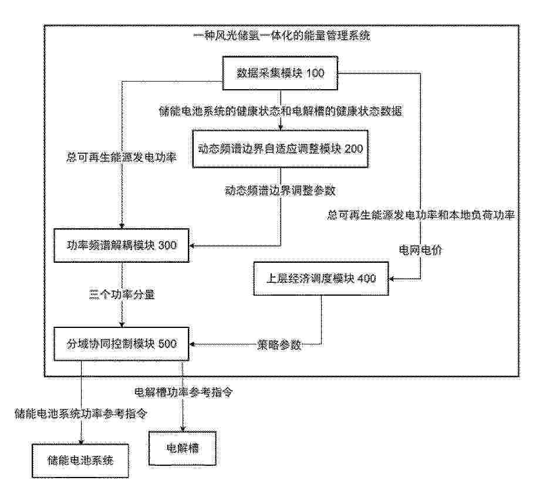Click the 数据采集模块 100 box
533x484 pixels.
280,73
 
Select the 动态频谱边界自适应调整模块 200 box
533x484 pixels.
281,149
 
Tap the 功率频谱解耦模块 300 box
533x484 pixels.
122,245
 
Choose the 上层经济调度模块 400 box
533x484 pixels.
321,279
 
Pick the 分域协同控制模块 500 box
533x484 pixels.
122,344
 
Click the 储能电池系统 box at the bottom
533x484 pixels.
80,461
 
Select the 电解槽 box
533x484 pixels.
183,449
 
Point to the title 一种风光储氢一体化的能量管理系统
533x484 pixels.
281,36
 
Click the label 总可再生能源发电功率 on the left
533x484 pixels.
122,158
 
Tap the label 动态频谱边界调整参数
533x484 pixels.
281,191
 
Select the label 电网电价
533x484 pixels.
420,251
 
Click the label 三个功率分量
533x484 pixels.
122,295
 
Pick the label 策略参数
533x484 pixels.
279,345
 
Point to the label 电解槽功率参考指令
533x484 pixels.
184,392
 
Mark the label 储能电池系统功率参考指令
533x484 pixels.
81,414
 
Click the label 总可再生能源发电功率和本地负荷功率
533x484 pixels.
421,215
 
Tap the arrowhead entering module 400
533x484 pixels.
392,279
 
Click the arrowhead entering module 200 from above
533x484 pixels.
281,128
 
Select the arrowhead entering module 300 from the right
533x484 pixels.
192,246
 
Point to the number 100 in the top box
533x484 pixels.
315,73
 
